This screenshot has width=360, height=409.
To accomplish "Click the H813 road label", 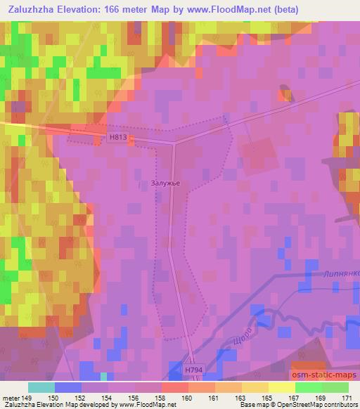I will tap(118, 138).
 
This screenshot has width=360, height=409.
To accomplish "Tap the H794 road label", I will tap(194, 368).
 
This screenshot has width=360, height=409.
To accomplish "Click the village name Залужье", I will tap(166, 183).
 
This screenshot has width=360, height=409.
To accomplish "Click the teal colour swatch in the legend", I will tap(41, 387).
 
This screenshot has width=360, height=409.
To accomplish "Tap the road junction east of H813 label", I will tap(174, 143).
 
